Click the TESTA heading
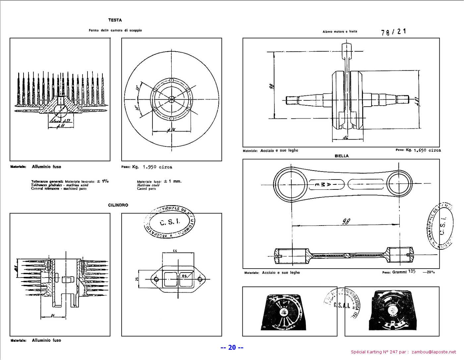[115, 20]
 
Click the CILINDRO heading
[118, 205]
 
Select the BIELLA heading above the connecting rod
[341, 156]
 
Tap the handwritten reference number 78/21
[393, 32]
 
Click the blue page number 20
[232, 347]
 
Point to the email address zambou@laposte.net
[434, 352]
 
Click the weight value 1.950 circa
[157, 167]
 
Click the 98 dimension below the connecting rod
[346, 222]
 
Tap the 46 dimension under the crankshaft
[345, 137]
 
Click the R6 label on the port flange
[184, 276]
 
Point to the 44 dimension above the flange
[175, 251]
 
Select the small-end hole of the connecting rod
[398, 183]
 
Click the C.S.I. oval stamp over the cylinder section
[169, 222]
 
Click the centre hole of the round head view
[171, 99]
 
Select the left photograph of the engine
[289, 311]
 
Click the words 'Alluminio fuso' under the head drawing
[46, 167]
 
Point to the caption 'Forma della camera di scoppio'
[115, 30]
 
